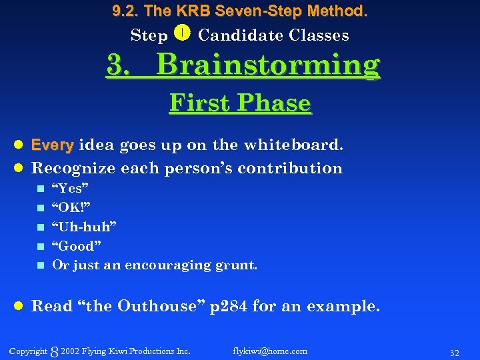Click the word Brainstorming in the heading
pos(268,65)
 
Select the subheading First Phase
pos(240,103)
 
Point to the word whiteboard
pos(295,145)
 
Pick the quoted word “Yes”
pos(71,188)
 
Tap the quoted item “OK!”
pos(71,207)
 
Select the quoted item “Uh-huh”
pos(84,227)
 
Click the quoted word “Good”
pos(77,246)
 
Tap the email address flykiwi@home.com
pos(270,351)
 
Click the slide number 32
pos(455,351)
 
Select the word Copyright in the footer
pos(28,351)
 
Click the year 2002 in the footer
pos(70,351)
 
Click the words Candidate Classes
pos(273,35)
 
